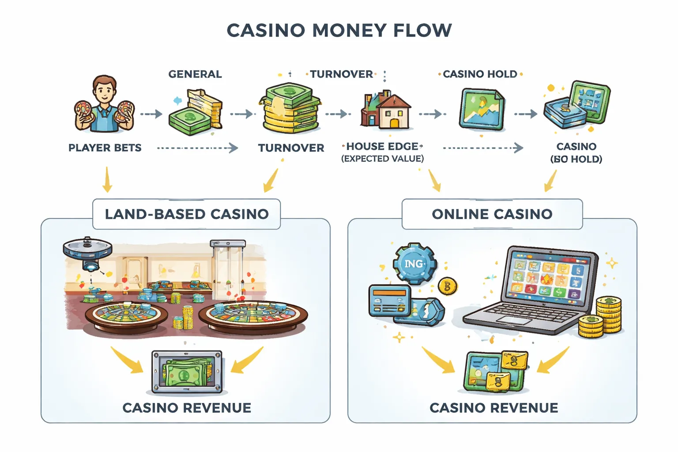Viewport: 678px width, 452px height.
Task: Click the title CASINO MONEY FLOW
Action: (x=339, y=30)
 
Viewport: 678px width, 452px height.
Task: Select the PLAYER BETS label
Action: (x=105, y=148)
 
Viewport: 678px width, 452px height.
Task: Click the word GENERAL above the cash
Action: (x=195, y=74)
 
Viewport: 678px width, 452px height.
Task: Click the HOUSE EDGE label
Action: (x=382, y=146)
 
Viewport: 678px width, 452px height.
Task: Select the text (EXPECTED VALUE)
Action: (x=382, y=158)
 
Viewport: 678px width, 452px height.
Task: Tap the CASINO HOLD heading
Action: (x=480, y=74)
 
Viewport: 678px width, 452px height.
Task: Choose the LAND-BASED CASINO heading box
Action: (x=186, y=214)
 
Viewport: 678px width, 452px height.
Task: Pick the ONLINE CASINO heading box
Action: (x=492, y=214)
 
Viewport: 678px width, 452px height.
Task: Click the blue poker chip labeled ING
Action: (x=414, y=264)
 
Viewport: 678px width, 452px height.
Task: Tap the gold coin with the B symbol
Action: (x=448, y=286)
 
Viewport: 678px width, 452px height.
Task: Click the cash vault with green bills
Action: (x=187, y=372)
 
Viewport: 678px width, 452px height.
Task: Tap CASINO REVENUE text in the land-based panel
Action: (x=186, y=408)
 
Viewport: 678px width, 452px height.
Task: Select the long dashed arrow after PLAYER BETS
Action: (x=197, y=148)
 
